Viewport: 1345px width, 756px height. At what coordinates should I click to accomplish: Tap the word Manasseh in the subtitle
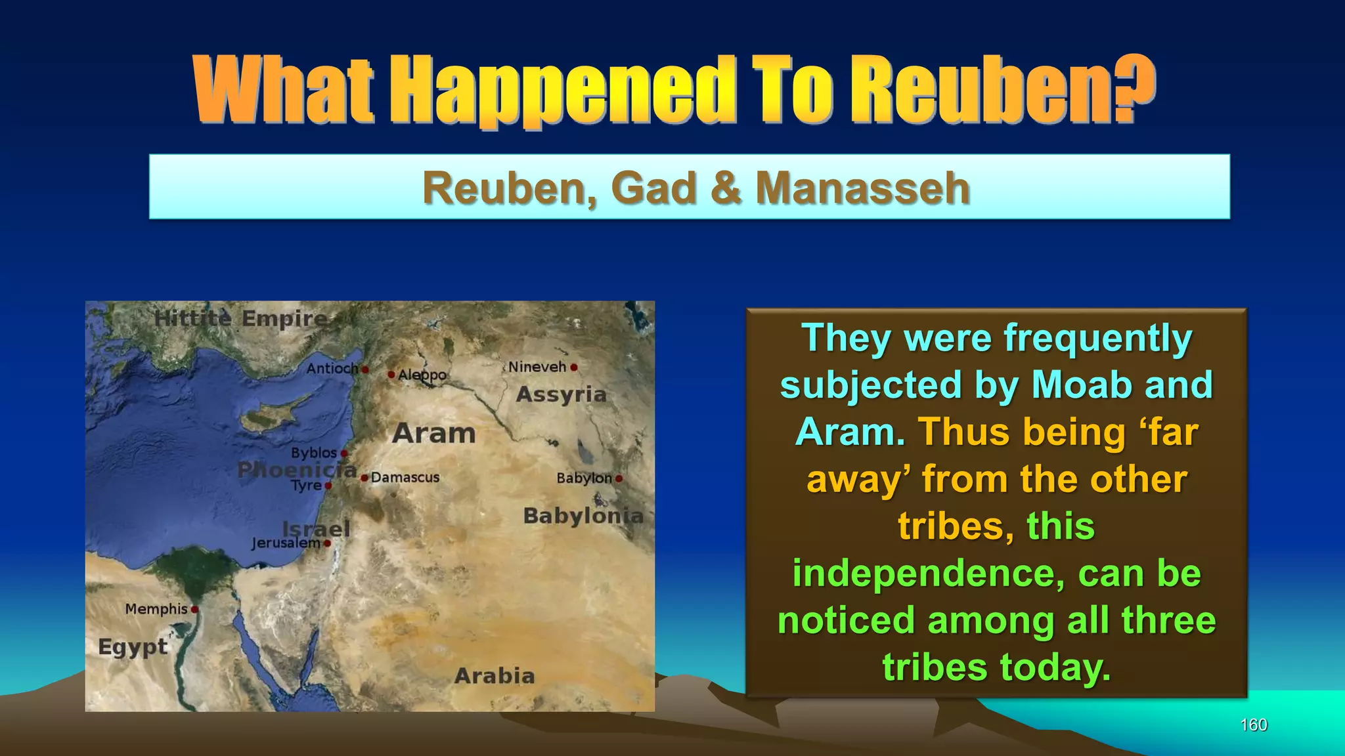(x=862, y=188)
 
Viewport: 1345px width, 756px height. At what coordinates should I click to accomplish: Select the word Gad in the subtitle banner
(x=653, y=188)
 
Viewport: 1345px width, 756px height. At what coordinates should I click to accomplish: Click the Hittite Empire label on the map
(x=241, y=319)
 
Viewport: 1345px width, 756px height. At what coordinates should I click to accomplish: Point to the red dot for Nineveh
(x=574, y=367)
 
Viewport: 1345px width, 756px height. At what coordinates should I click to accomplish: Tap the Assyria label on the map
(x=561, y=394)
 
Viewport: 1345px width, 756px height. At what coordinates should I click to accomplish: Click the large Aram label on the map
(x=434, y=434)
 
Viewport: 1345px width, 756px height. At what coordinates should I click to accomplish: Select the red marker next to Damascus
(x=364, y=478)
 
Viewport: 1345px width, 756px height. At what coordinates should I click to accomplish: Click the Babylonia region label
(x=583, y=516)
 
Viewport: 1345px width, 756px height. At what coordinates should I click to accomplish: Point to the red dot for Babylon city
(x=619, y=479)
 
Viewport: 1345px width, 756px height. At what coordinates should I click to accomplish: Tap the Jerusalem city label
(x=286, y=543)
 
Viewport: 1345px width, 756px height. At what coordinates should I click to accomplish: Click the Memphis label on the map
(x=156, y=609)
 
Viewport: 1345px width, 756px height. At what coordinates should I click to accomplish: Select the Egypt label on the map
(x=133, y=647)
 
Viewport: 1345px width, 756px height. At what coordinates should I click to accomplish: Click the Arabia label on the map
(x=495, y=676)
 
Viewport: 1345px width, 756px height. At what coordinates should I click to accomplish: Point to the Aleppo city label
(x=422, y=375)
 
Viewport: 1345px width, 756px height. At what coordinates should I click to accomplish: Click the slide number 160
(x=1253, y=724)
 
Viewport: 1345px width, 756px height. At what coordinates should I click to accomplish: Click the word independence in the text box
(x=928, y=574)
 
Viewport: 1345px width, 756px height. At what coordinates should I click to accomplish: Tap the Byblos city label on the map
(x=314, y=453)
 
